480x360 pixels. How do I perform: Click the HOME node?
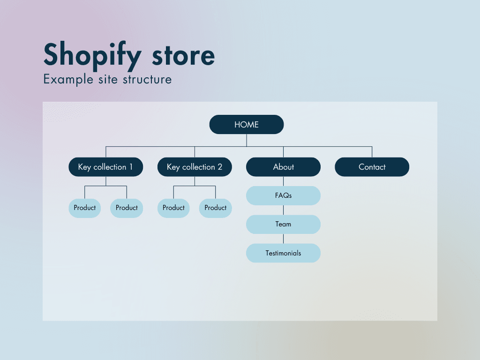[x=247, y=125]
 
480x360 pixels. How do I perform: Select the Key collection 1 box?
[x=105, y=167]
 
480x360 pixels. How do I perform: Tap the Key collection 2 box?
[x=195, y=167]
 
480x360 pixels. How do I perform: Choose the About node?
[x=283, y=167]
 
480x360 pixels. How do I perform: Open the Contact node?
[x=372, y=167]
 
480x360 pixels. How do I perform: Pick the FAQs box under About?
[x=283, y=195]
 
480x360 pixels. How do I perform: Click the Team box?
[x=283, y=224]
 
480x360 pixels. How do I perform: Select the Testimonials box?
[x=283, y=253]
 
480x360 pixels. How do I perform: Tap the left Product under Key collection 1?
[x=85, y=208]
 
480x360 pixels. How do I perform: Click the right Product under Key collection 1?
[x=127, y=208]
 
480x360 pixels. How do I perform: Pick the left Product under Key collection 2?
[x=173, y=208]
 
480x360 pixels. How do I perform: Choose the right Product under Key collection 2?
[x=216, y=208]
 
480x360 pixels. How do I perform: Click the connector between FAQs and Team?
[x=283, y=210]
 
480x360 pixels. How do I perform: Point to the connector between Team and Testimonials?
[x=283, y=239]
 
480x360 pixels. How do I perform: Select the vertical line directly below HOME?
[x=247, y=140]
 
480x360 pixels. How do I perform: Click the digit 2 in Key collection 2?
[x=220, y=167]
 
